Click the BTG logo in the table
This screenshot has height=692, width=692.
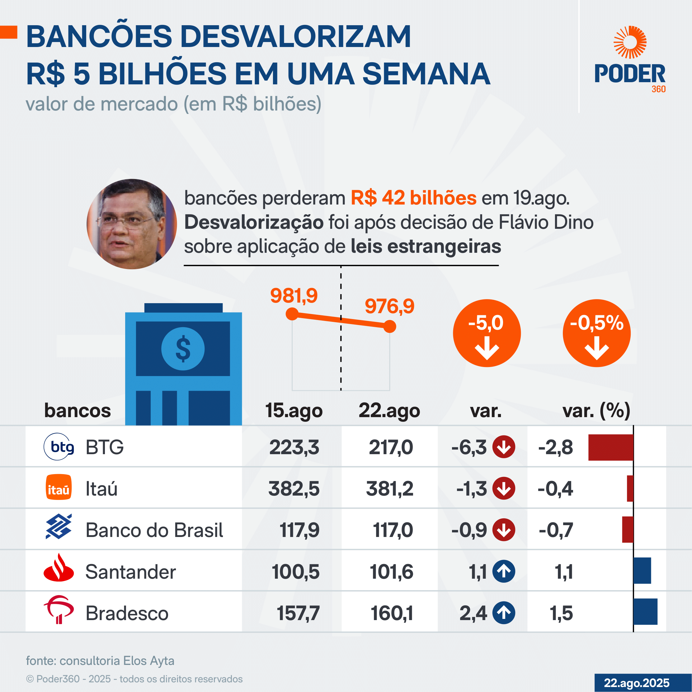pyautogui.click(x=59, y=447)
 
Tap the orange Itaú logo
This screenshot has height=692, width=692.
pyautogui.click(x=59, y=487)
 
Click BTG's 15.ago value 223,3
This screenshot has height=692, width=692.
pyautogui.click(x=294, y=447)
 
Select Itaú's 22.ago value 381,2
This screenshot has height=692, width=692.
pyautogui.click(x=389, y=488)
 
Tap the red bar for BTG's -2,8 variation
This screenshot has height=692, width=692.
pyautogui.click(x=611, y=447)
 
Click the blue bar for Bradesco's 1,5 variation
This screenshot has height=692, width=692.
pyautogui.click(x=645, y=612)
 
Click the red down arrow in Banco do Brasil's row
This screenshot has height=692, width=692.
pyautogui.click(x=504, y=530)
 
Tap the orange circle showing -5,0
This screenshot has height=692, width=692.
pyautogui.click(x=487, y=333)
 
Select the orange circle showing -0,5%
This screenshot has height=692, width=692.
pyautogui.click(x=596, y=333)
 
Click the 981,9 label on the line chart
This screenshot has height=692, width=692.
pyautogui.click(x=294, y=296)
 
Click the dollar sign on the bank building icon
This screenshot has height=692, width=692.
pyautogui.click(x=183, y=349)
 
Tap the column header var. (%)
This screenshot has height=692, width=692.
pyautogui.click(x=596, y=411)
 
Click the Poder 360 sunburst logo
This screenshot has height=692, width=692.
pyautogui.click(x=630, y=42)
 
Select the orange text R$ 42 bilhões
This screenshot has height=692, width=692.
pyautogui.click(x=413, y=198)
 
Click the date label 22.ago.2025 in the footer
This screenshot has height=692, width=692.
pyautogui.click(x=637, y=683)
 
